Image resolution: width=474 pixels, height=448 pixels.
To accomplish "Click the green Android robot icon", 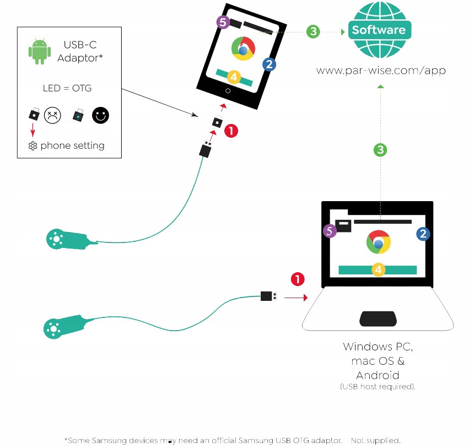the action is [x=40, y=51].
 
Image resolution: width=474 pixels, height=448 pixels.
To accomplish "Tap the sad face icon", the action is [x=52, y=115].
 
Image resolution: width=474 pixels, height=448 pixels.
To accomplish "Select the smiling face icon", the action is [x=100, y=115].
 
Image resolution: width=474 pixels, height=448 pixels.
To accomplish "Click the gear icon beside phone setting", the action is [x=33, y=146].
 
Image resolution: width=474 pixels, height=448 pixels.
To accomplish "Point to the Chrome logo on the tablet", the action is [x=243, y=48].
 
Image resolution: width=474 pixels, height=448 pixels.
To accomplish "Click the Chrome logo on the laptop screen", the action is [x=379, y=242].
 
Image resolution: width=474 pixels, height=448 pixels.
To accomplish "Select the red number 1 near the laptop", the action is [x=298, y=279].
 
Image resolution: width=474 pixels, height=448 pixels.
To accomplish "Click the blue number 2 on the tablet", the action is [x=269, y=64].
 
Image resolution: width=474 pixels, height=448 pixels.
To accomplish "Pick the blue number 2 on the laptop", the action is [x=423, y=234].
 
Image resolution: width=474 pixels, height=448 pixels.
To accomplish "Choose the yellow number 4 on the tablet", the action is [x=234, y=77].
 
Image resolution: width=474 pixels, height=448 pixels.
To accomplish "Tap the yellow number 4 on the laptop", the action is [x=378, y=269].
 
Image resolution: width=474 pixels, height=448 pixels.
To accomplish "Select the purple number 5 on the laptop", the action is [x=330, y=231].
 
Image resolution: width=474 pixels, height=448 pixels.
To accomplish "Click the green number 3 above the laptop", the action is [x=380, y=149].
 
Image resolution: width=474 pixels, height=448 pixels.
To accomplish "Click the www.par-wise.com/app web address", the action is [x=380, y=71].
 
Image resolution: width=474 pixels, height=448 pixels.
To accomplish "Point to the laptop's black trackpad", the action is [x=378, y=318].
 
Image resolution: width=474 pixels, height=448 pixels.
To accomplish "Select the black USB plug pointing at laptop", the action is [x=268, y=296].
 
